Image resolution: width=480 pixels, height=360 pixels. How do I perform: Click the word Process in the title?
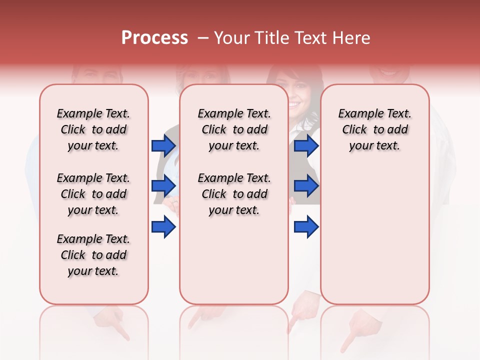(x=154, y=38)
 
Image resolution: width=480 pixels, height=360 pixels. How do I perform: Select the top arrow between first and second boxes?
(x=163, y=145)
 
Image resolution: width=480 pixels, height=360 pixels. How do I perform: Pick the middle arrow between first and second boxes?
(x=163, y=186)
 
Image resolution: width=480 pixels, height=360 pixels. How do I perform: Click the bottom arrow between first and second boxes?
(x=163, y=227)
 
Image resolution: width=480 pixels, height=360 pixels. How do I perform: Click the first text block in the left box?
(x=93, y=129)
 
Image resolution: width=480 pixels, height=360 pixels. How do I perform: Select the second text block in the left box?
(x=93, y=194)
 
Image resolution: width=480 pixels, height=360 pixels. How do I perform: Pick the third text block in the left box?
(x=93, y=255)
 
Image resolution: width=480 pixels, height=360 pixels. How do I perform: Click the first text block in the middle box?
(x=234, y=129)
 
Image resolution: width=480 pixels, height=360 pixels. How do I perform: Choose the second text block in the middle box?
(x=234, y=194)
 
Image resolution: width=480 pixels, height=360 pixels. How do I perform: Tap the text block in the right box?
(x=374, y=129)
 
